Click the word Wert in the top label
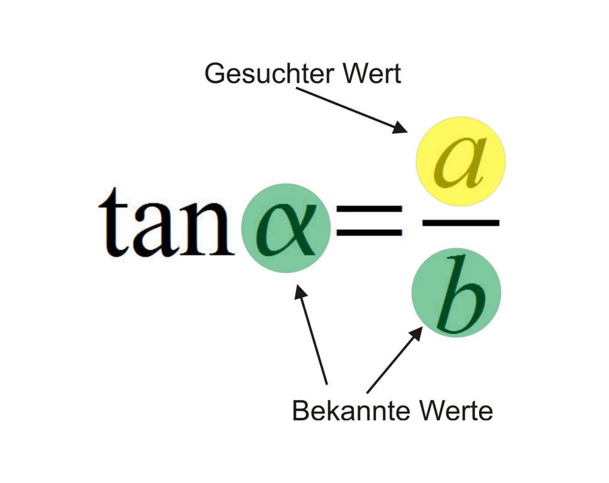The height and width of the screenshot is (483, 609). click(372, 74)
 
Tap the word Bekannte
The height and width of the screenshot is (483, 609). click(351, 411)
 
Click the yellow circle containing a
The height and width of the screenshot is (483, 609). click(460, 162)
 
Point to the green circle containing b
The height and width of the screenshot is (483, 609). click(457, 292)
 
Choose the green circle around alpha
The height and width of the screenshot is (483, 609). click(286, 228)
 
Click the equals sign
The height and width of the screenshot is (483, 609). click(369, 220)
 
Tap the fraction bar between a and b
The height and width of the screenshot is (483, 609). click(461, 223)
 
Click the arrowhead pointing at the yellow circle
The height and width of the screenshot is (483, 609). click(400, 128)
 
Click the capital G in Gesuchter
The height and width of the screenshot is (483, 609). click(213, 74)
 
